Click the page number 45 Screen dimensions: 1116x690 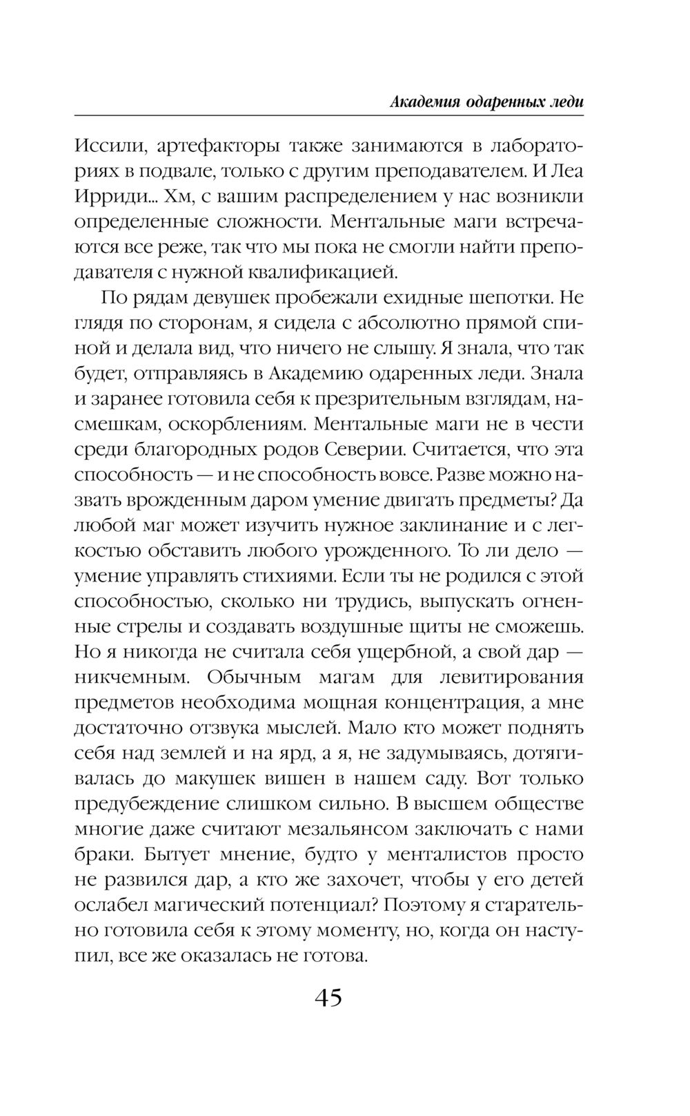coord(328,999)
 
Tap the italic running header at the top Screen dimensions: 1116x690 coord(486,102)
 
